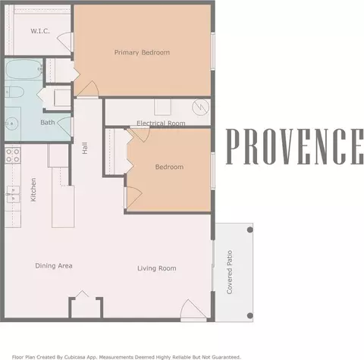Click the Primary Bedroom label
[142, 52]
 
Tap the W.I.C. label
[40, 31]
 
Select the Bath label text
[48, 123]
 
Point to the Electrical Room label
[161, 124]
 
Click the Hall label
[85, 148]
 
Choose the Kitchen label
[33, 189]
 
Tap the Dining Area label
[54, 266]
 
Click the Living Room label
[157, 268]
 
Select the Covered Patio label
[230, 272]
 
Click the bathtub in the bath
[24, 70]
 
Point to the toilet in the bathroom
[14, 92]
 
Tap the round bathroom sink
[11, 124]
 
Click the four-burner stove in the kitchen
[13, 155]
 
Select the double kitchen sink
[13, 194]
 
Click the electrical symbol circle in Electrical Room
[201, 107]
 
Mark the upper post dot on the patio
[249, 230]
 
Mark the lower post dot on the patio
[249, 315]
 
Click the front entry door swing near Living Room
[193, 310]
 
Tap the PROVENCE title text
[295, 146]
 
